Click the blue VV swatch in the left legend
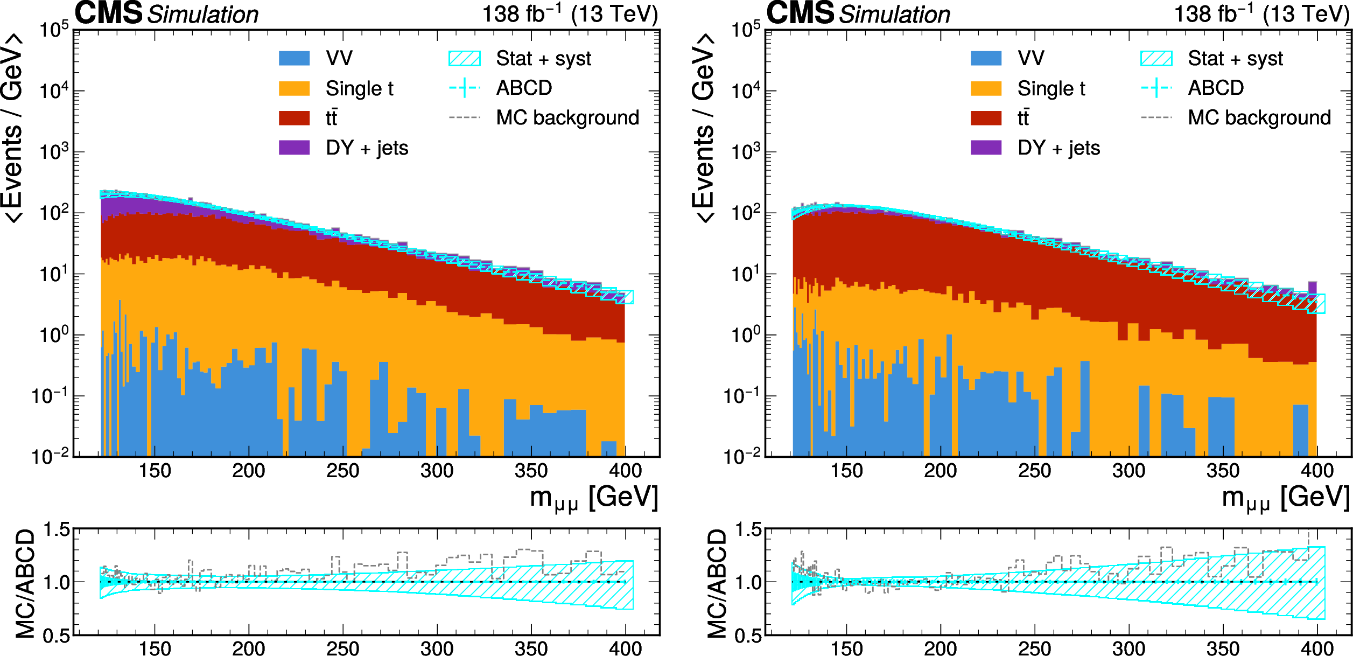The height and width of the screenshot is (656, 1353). pyautogui.click(x=294, y=58)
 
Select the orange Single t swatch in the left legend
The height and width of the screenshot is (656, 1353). pyautogui.click(x=294, y=88)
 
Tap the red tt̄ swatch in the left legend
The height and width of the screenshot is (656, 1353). pyautogui.click(x=294, y=118)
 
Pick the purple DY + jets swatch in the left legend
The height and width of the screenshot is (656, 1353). pyautogui.click(x=294, y=148)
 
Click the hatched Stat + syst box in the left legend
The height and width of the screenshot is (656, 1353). pyautogui.click(x=465, y=58)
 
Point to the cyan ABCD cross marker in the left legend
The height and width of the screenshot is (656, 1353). pyautogui.click(x=465, y=88)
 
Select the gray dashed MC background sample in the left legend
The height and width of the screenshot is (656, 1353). pyautogui.click(x=465, y=117)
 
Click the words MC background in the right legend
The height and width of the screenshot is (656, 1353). pyautogui.click(x=1259, y=117)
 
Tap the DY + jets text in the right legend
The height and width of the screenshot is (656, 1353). pyautogui.click(x=1058, y=148)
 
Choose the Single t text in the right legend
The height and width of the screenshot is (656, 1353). pyautogui.click(x=1051, y=88)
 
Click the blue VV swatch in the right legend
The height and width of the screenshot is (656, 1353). pyautogui.click(x=986, y=58)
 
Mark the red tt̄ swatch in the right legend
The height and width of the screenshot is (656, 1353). pyautogui.click(x=986, y=118)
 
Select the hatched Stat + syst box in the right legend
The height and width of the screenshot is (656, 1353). pyautogui.click(x=1156, y=58)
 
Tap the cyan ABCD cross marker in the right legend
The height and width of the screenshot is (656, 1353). pyautogui.click(x=1156, y=88)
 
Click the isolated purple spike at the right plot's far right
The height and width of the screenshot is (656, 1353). pyautogui.click(x=1313, y=287)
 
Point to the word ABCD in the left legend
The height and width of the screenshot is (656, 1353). pyautogui.click(x=524, y=88)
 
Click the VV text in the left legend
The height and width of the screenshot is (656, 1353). pyautogui.click(x=339, y=58)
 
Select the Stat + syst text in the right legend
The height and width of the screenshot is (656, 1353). pyautogui.click(x=1235, y=58)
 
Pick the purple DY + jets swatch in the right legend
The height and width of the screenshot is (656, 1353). pyautogui.click(x=986, y=148)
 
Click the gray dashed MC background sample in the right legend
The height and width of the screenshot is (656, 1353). pyautogui.click(x=1156, y=117)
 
